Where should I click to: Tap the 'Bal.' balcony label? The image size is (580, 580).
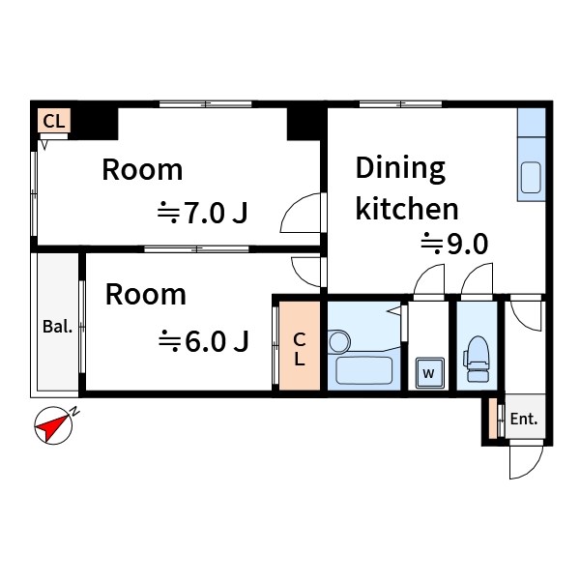tap(57, 327)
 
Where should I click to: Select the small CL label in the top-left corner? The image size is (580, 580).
tap(54, 121)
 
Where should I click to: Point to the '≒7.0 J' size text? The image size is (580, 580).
tap(204, 212)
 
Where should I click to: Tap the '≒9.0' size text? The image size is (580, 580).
tap(453, 244)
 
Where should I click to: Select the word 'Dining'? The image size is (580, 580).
tap(400, 168)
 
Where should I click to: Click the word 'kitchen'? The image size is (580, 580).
tap(407, 208)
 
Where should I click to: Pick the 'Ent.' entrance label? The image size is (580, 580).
tap(524, 420)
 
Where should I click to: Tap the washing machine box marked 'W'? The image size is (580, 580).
tap(427, 371)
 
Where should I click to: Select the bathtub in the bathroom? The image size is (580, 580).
tap(362, 370)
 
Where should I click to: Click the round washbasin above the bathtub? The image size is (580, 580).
tap(338, 341)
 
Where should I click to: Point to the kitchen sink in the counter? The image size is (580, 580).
tap(532, 179)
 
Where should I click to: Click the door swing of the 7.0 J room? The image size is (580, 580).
tap(302, 215)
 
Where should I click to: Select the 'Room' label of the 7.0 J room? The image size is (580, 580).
tap(142, 170)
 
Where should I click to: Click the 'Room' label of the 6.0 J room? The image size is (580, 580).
tap(145, 294)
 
